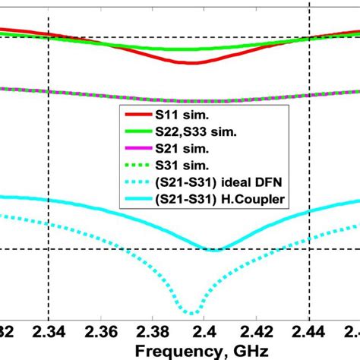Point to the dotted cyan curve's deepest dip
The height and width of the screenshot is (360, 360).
click(x=194, y=312)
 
